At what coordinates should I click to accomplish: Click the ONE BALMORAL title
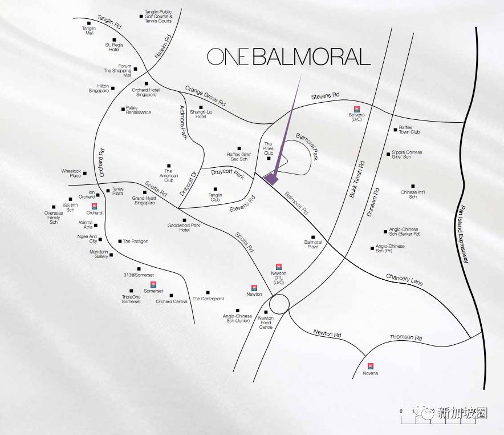[x=288, y=57]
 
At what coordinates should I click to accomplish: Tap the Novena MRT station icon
[x=370, y=365]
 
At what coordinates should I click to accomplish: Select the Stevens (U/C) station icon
[x=356, y=108]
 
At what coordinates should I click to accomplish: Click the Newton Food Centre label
[x=266, y=323]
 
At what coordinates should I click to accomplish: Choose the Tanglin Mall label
[x=89, y=30]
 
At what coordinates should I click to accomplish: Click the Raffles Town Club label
[x=409, y=130]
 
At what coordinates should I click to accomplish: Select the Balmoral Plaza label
[x=313, y=244]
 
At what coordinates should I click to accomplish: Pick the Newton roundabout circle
[x=279, y=304]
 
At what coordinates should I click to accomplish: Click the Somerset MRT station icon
[x=153, y=284]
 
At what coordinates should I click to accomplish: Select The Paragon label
[x=136, y=241]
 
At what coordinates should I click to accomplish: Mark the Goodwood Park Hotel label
[x=184, y=228]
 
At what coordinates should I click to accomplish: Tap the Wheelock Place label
[x=72, y=173]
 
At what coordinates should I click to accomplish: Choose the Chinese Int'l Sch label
[x=413, y=194]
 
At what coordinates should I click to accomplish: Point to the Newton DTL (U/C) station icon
[x=279, y=266]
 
